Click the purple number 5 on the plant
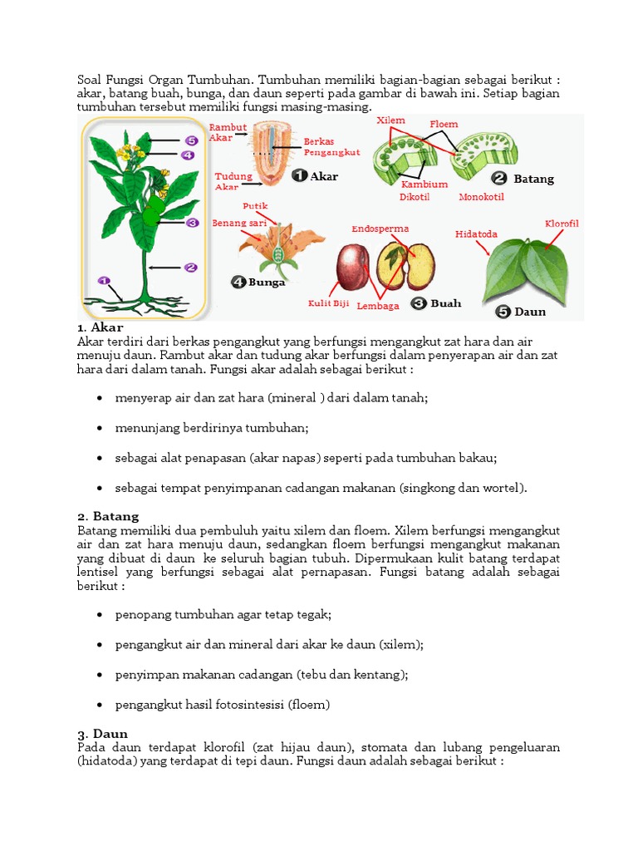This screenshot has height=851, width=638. (x=190, y=141)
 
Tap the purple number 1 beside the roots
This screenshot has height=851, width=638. (x=103, y=281)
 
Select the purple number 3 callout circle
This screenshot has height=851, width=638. (x=191, y=223)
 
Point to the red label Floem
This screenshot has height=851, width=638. (x=444, y=125)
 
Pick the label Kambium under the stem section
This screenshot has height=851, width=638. (x=424, y=184)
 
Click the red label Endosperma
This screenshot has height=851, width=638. (x=380, y=229)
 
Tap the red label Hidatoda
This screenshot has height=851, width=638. (x=476, y=234)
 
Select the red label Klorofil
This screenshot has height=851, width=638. (x=562, y=224)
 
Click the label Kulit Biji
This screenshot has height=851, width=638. (x=328, y=304)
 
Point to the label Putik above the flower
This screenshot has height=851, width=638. (x=253, y=205)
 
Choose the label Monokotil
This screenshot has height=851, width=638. (x=481, y=197)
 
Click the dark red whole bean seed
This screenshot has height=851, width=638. (x=352, y=267)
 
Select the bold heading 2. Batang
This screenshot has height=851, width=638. (x=108, y=516)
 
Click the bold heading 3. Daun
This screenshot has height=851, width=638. (x=103, y=733)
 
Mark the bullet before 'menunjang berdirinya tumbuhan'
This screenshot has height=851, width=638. (x=100, y=428)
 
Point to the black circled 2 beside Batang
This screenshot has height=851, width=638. (x=499, y=178)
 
